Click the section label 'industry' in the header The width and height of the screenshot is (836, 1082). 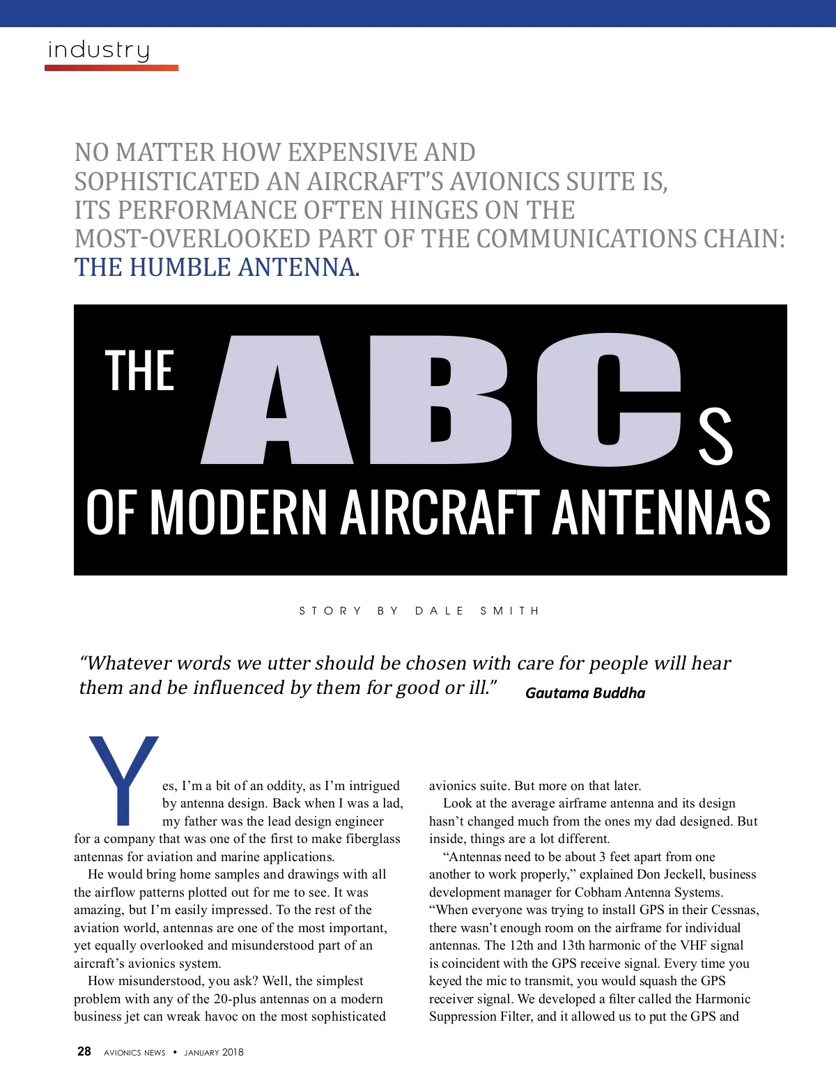click(98, 50)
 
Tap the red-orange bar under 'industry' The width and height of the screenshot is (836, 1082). click(111, 68)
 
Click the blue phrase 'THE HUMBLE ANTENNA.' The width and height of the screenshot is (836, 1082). click(217, 268)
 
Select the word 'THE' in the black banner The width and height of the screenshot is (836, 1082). click(139, 371)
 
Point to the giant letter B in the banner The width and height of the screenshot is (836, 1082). click(440, 403)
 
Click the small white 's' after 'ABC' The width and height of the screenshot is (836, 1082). click(715, 438)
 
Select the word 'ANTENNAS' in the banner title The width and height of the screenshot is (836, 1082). click(661, 512)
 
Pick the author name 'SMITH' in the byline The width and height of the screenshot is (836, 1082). click(509, 611)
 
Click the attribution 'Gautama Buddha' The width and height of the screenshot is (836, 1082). click(585, 693)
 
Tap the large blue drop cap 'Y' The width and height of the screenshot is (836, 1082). click(123, 777)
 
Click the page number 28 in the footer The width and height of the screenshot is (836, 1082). click(84, 1051)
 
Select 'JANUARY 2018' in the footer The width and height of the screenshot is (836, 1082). click(214, 1052)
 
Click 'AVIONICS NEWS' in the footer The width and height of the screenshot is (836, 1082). click(134, 1052)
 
